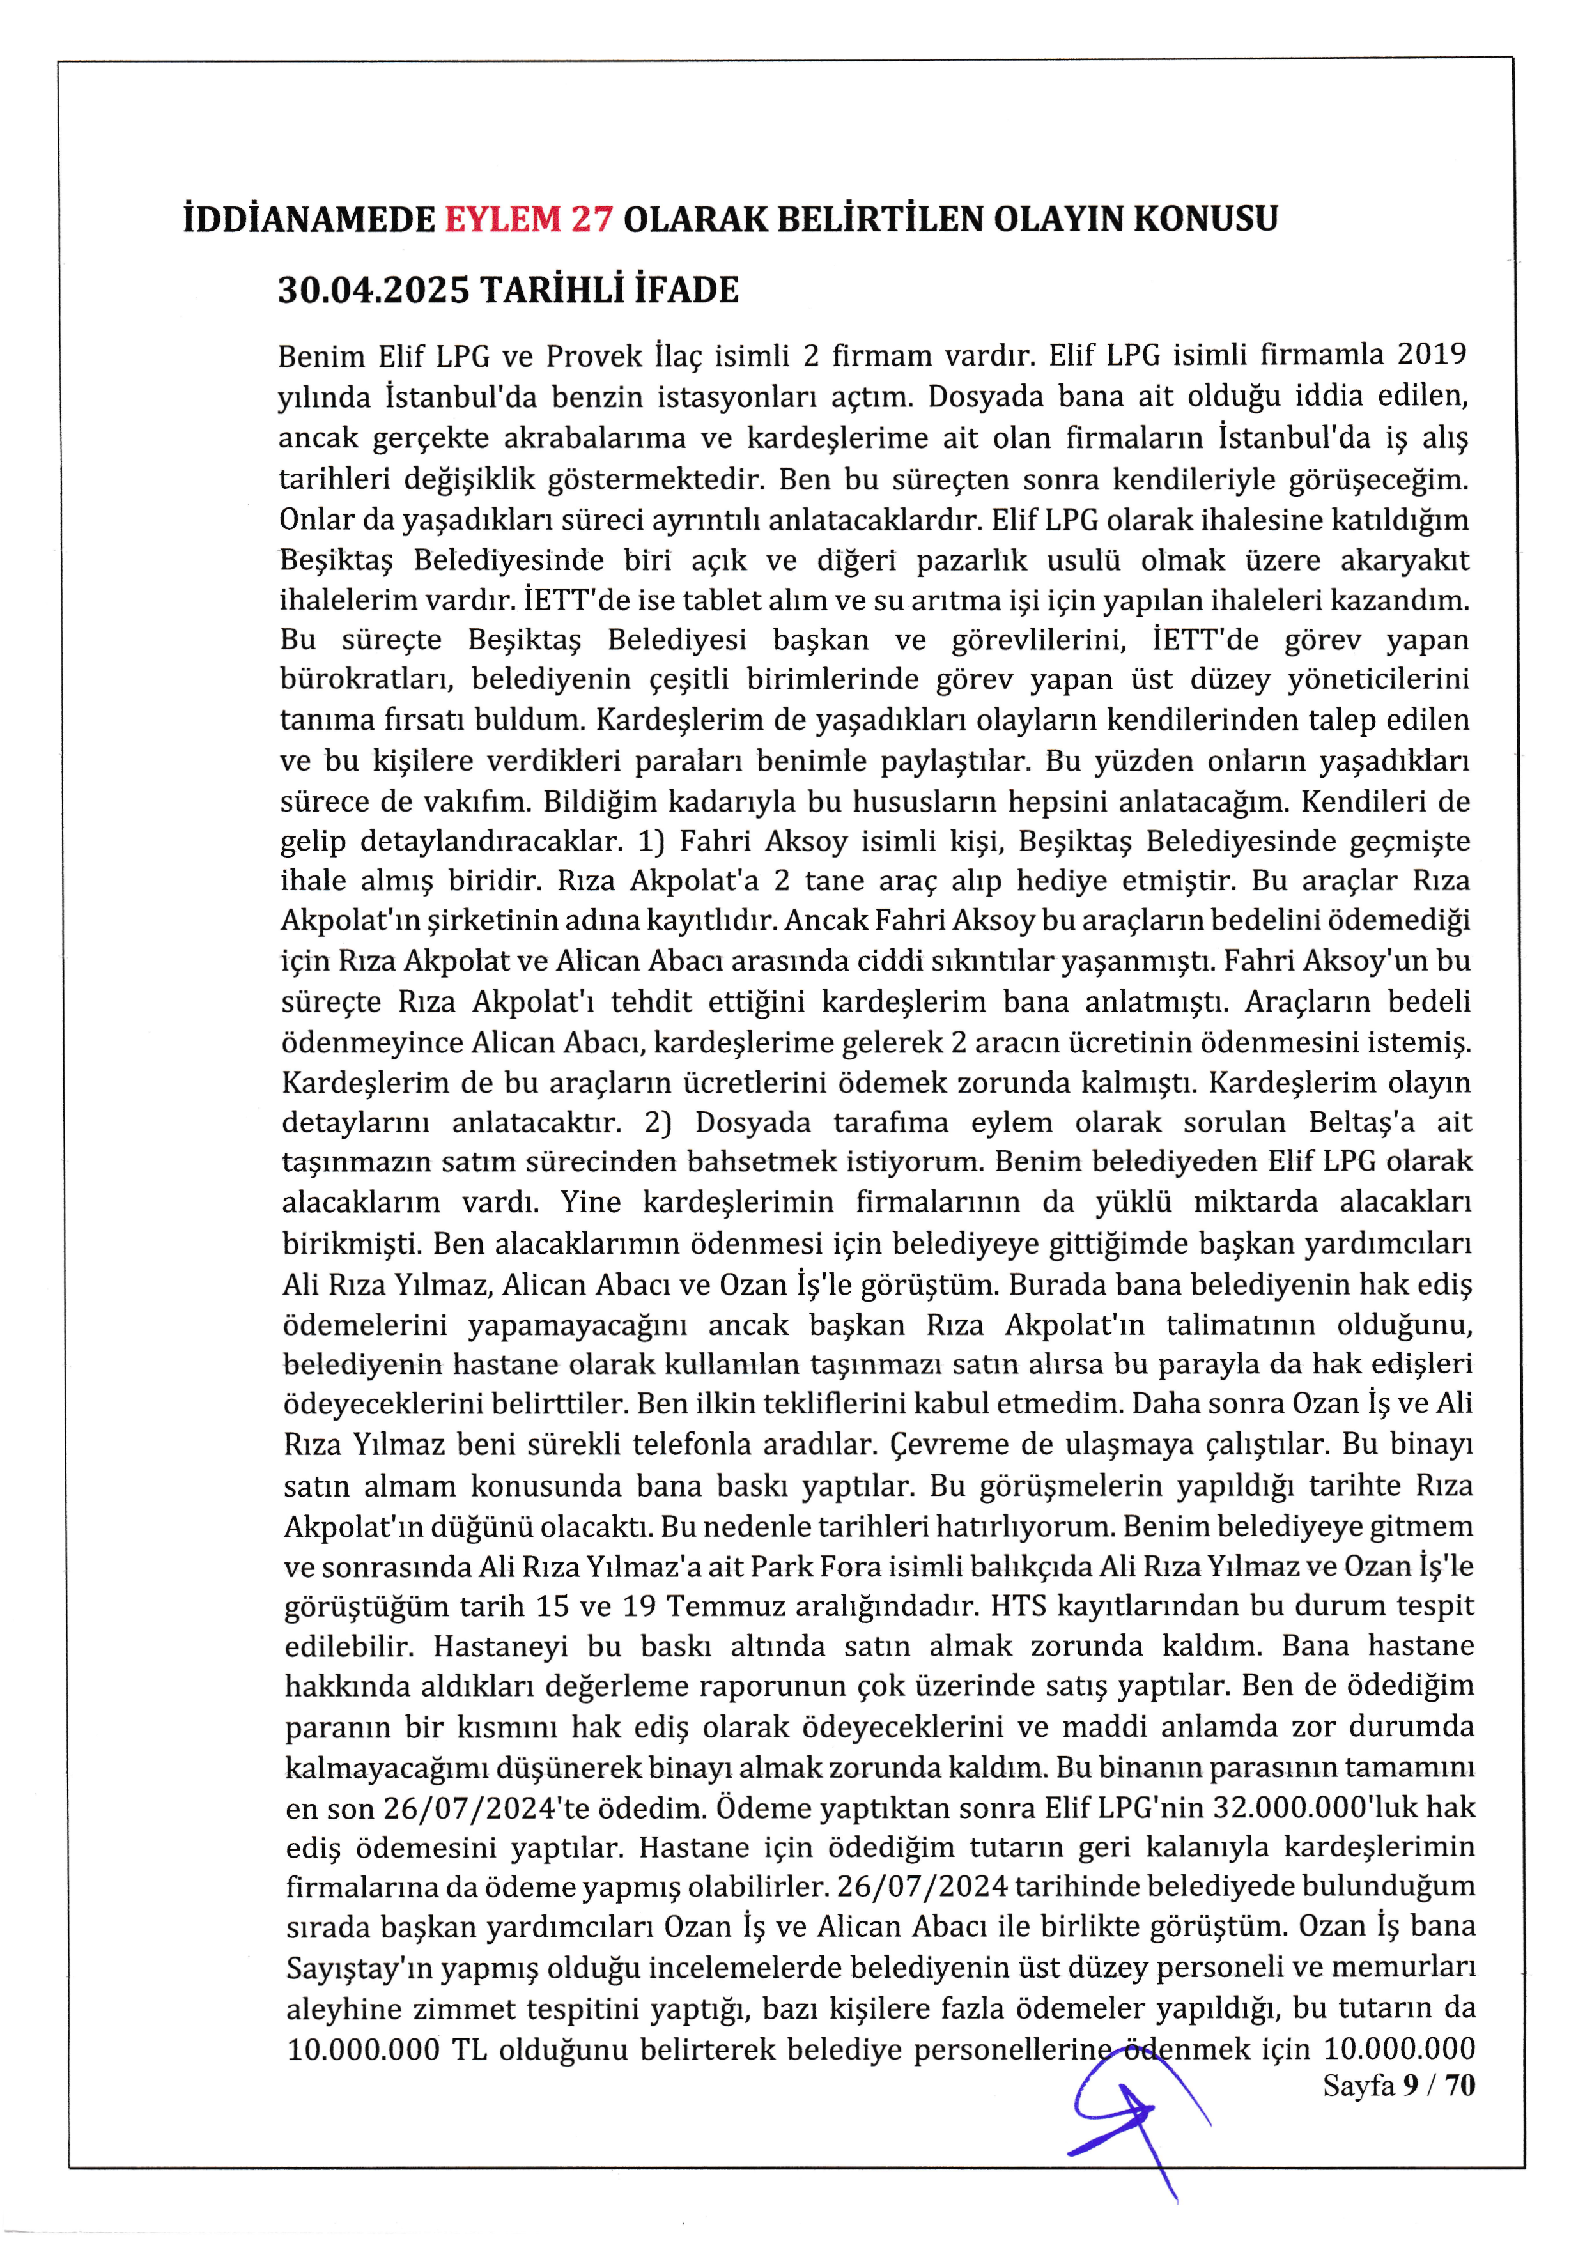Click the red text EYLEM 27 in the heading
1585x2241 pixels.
529,219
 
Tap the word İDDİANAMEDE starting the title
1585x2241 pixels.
309,219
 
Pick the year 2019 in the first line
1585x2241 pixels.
1432,353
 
